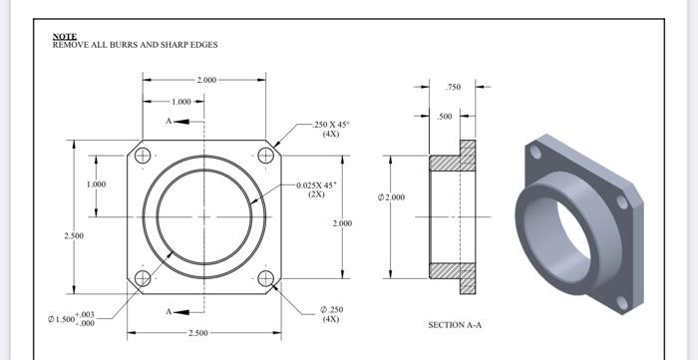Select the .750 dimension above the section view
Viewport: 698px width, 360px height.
click(454, 88)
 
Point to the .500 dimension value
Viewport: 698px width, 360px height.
click(445, 117)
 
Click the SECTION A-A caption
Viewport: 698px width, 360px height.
click(454, 325)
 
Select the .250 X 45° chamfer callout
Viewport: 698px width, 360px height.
click(331, 129)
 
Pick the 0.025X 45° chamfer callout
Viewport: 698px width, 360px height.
click(317, 189)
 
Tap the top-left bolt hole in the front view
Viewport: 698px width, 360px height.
click(143, 156)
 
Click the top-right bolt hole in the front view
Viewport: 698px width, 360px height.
click(265, 156)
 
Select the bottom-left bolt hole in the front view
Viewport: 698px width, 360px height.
click(143, 278)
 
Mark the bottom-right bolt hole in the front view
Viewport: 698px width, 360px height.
click(265, 278)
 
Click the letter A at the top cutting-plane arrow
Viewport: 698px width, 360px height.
click(170, 121)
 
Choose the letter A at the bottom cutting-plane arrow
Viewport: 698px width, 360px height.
click(170, 311)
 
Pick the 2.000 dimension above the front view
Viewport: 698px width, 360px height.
click(204, 79)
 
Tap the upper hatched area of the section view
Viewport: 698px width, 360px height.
click(455, 159)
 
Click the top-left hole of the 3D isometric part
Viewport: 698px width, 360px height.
click(536, 153)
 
